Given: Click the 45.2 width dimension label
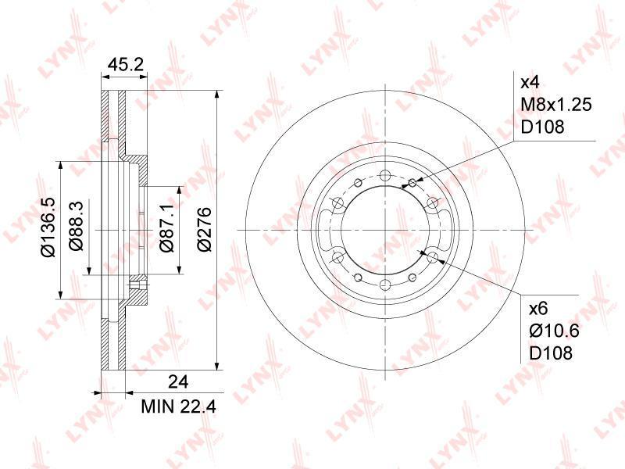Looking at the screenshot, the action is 125,64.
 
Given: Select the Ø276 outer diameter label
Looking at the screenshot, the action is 205,229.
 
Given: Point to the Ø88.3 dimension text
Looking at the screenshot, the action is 76,226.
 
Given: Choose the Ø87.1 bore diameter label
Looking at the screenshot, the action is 167,228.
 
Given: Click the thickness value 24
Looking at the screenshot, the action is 178,382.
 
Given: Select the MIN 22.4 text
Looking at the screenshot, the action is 178,406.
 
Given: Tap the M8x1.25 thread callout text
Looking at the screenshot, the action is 556,105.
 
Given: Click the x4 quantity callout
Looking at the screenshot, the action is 530,83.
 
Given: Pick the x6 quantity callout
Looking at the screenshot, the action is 538,308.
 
